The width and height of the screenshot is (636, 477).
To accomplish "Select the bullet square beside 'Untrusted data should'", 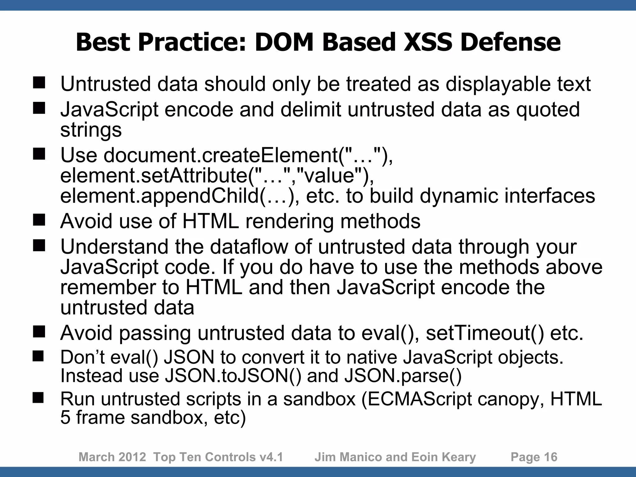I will coord(39,83).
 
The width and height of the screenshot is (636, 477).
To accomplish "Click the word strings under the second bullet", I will coord(91,130).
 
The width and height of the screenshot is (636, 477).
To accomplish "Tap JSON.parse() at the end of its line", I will coord(403,375).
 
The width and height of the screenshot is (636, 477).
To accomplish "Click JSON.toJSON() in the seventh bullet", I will coord(233,375).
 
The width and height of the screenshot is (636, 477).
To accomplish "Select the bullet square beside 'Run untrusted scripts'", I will coord(39,398).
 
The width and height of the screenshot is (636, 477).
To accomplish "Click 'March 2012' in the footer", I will coord(112,457).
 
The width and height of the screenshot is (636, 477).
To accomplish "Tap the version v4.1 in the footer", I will coord(271,457).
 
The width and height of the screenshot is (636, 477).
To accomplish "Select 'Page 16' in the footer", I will coord(534,457).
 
